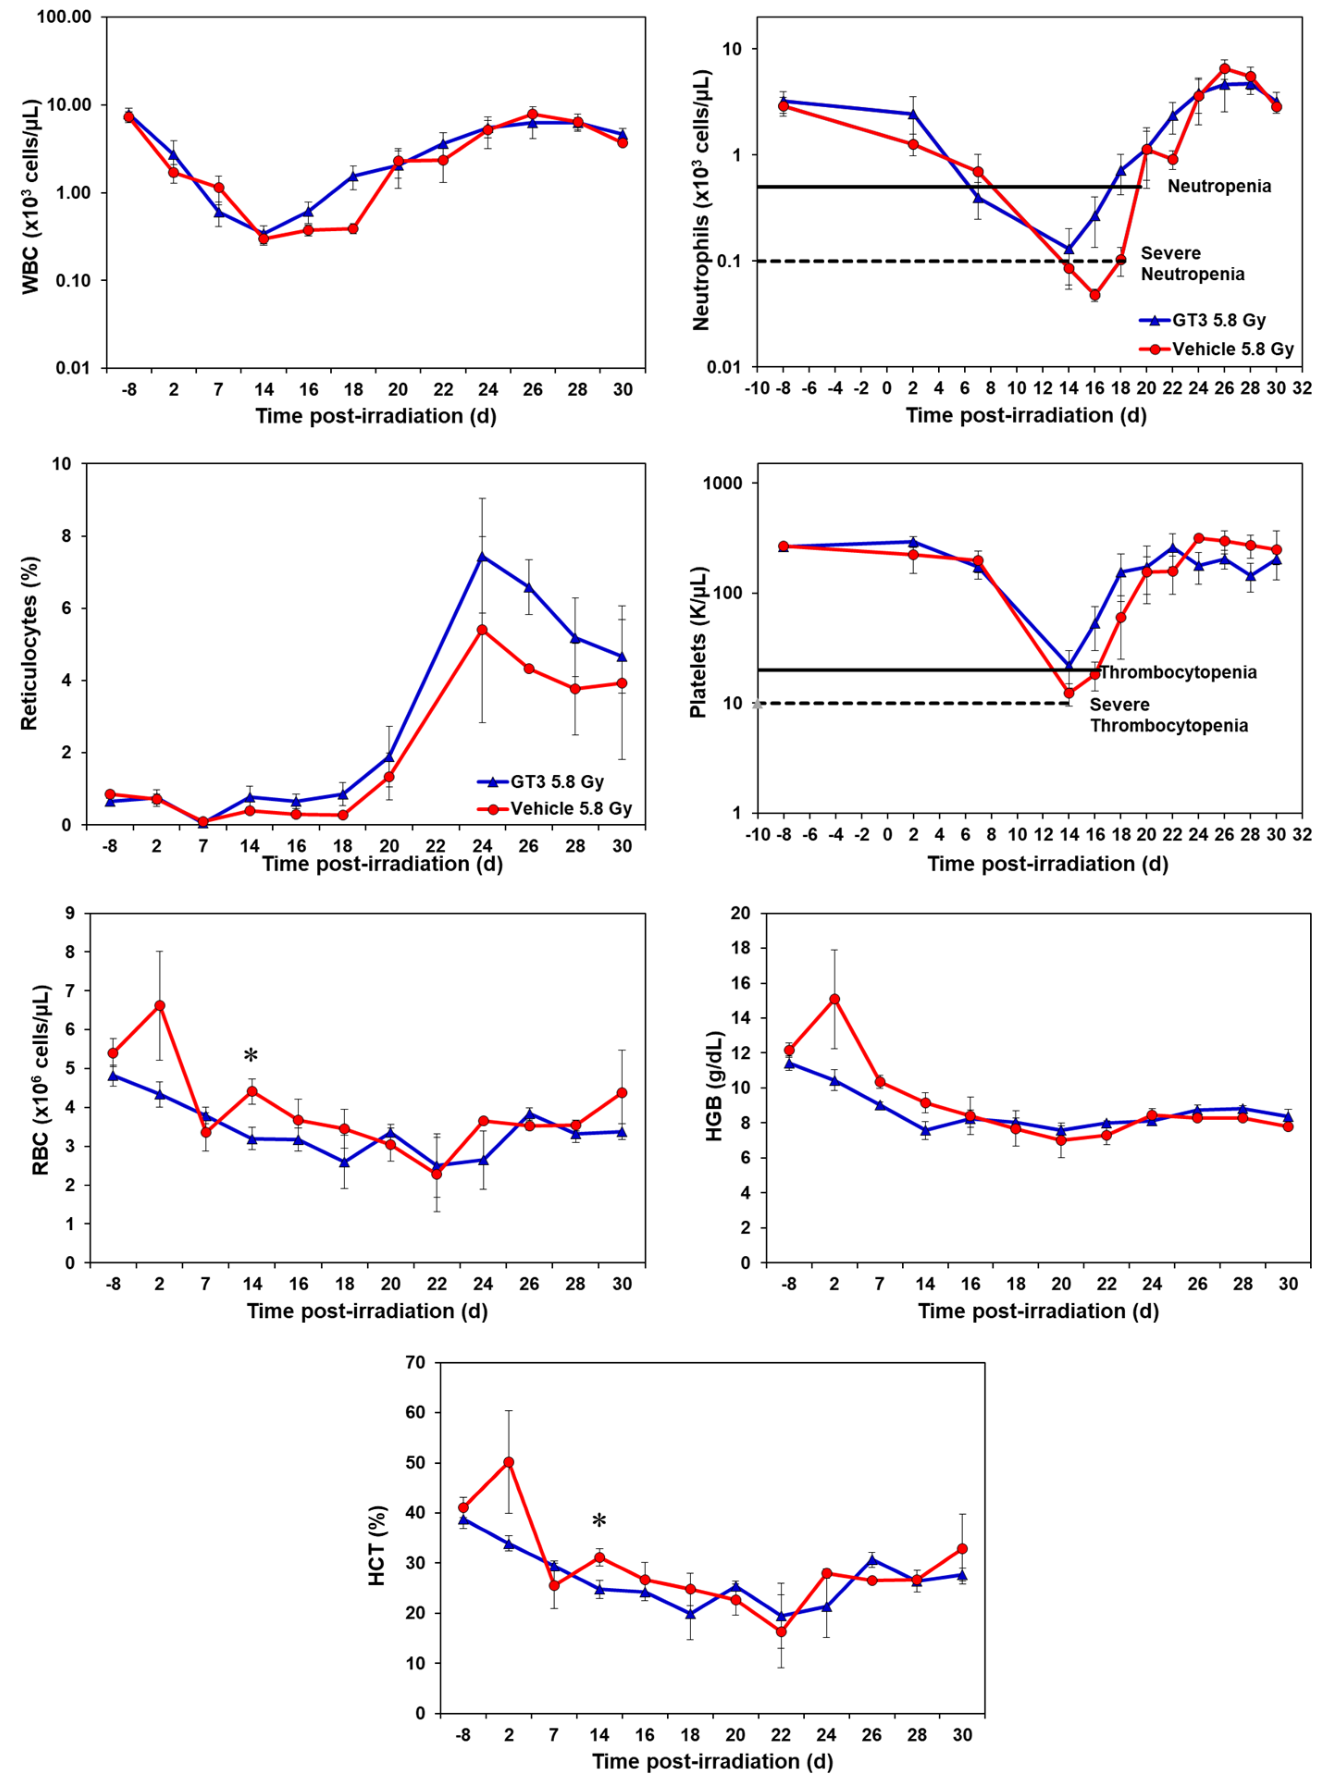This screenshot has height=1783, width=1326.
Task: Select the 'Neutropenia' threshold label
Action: coord(1219,186)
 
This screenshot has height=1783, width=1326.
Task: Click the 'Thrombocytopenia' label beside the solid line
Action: coord(1177,672)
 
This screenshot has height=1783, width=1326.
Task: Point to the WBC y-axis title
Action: coord(31,197)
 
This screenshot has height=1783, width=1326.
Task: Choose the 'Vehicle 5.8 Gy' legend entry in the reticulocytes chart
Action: coord(570,808)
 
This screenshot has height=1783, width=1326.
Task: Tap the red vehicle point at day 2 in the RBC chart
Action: coord(160,1006)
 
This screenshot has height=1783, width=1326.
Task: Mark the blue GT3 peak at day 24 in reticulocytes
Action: coord(482,556)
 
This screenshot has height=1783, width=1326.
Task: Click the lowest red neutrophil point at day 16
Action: coord(1094,295)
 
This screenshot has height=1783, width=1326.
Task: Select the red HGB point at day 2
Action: coord(835,999)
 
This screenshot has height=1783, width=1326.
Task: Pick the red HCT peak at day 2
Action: coord(508,1462)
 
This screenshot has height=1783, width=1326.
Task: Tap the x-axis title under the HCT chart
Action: coord(712,1761)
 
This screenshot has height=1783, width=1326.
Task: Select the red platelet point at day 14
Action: coord(1068,692)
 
